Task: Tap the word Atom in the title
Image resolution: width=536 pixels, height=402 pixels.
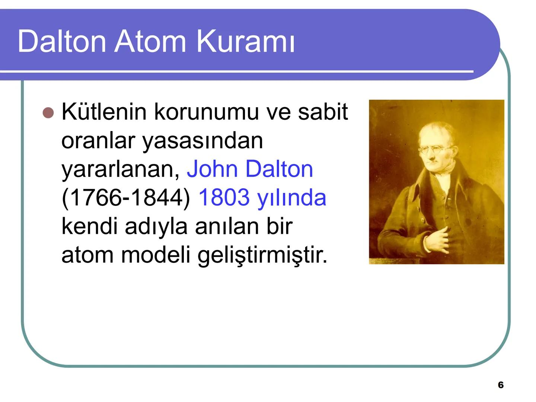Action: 150,41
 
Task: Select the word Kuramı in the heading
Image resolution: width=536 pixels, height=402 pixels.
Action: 246,41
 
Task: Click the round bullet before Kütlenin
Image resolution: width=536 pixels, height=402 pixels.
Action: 48,112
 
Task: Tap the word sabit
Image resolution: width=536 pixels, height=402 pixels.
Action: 323,111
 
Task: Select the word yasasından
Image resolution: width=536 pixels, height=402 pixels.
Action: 203,140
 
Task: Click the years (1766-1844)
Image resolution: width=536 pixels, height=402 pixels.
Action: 126,198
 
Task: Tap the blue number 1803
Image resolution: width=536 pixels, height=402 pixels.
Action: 224,197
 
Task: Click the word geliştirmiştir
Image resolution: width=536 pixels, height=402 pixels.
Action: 262,255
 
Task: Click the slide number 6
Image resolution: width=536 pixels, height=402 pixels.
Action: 501,385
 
